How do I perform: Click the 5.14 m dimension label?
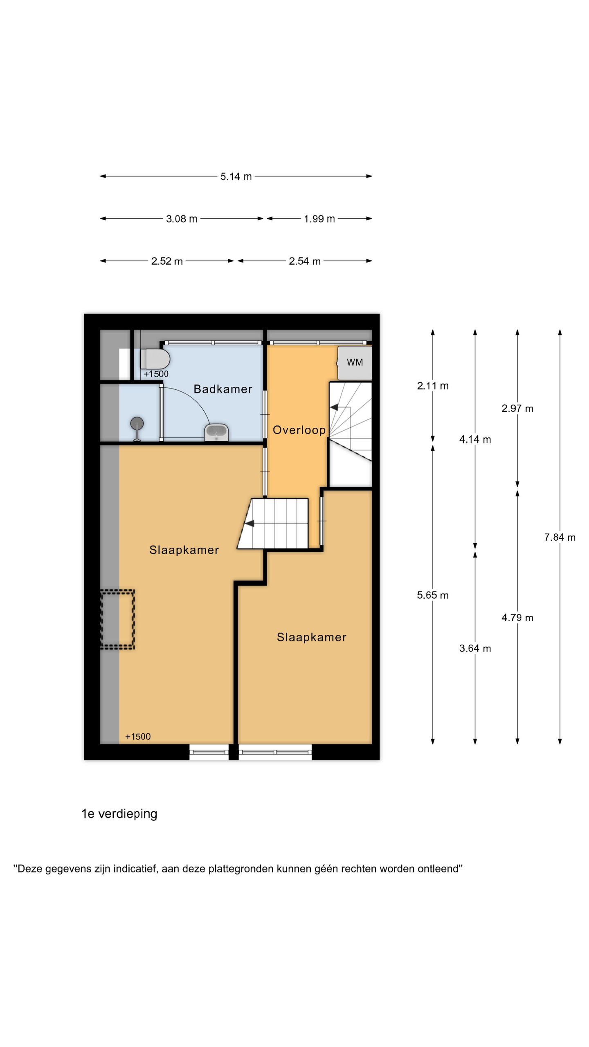pos(236,177)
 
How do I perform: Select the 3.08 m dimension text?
pos(181,219)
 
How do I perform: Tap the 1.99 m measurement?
pos(319,219)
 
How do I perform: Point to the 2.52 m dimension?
pos(166,261)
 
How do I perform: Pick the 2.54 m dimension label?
pos(304,261)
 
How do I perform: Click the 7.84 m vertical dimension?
pos(559,537)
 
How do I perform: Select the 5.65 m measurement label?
pos(432,595)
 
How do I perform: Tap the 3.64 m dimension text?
pos(474,648)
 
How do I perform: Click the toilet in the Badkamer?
pos(155,359)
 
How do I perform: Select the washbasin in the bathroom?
pos(216,432)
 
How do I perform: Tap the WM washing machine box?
pos(355,362)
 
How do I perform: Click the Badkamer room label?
pos(223,389)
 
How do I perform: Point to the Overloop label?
pos(299,430)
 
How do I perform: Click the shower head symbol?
pos(137,424)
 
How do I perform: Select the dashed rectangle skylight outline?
pos(118,619)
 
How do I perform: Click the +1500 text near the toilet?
pos(156,374)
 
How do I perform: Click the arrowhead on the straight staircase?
pos(249,523)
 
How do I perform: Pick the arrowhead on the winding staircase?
pos(334,407)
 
